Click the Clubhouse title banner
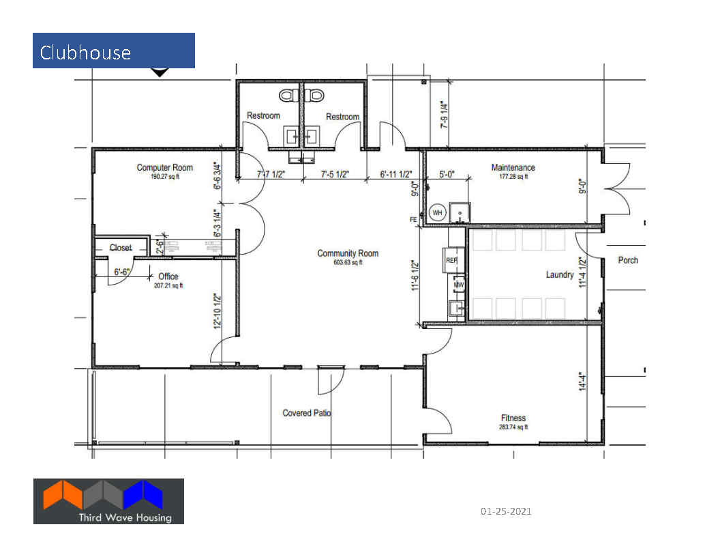click(113, 51)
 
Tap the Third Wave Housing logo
click(108, 501)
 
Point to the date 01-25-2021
click(506, 511)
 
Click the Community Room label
click(348, 253)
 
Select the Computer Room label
click(164, 168)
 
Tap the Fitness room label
click(513, 418)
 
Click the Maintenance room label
click(513, 168)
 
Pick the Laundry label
click(560, 275)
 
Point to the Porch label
click(628, 260)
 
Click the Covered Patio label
click(307, 413)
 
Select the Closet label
click(120, 248)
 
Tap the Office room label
click(168, 276)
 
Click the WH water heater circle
click(437, 213)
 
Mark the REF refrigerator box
click(452, 261)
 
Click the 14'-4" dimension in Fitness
click(582, 382)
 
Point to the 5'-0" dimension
click(447, 174)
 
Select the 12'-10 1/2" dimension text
click(217, 311)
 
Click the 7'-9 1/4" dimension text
click(444, 115)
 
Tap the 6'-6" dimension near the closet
click(121, 272)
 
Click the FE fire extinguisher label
click(413, 220)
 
